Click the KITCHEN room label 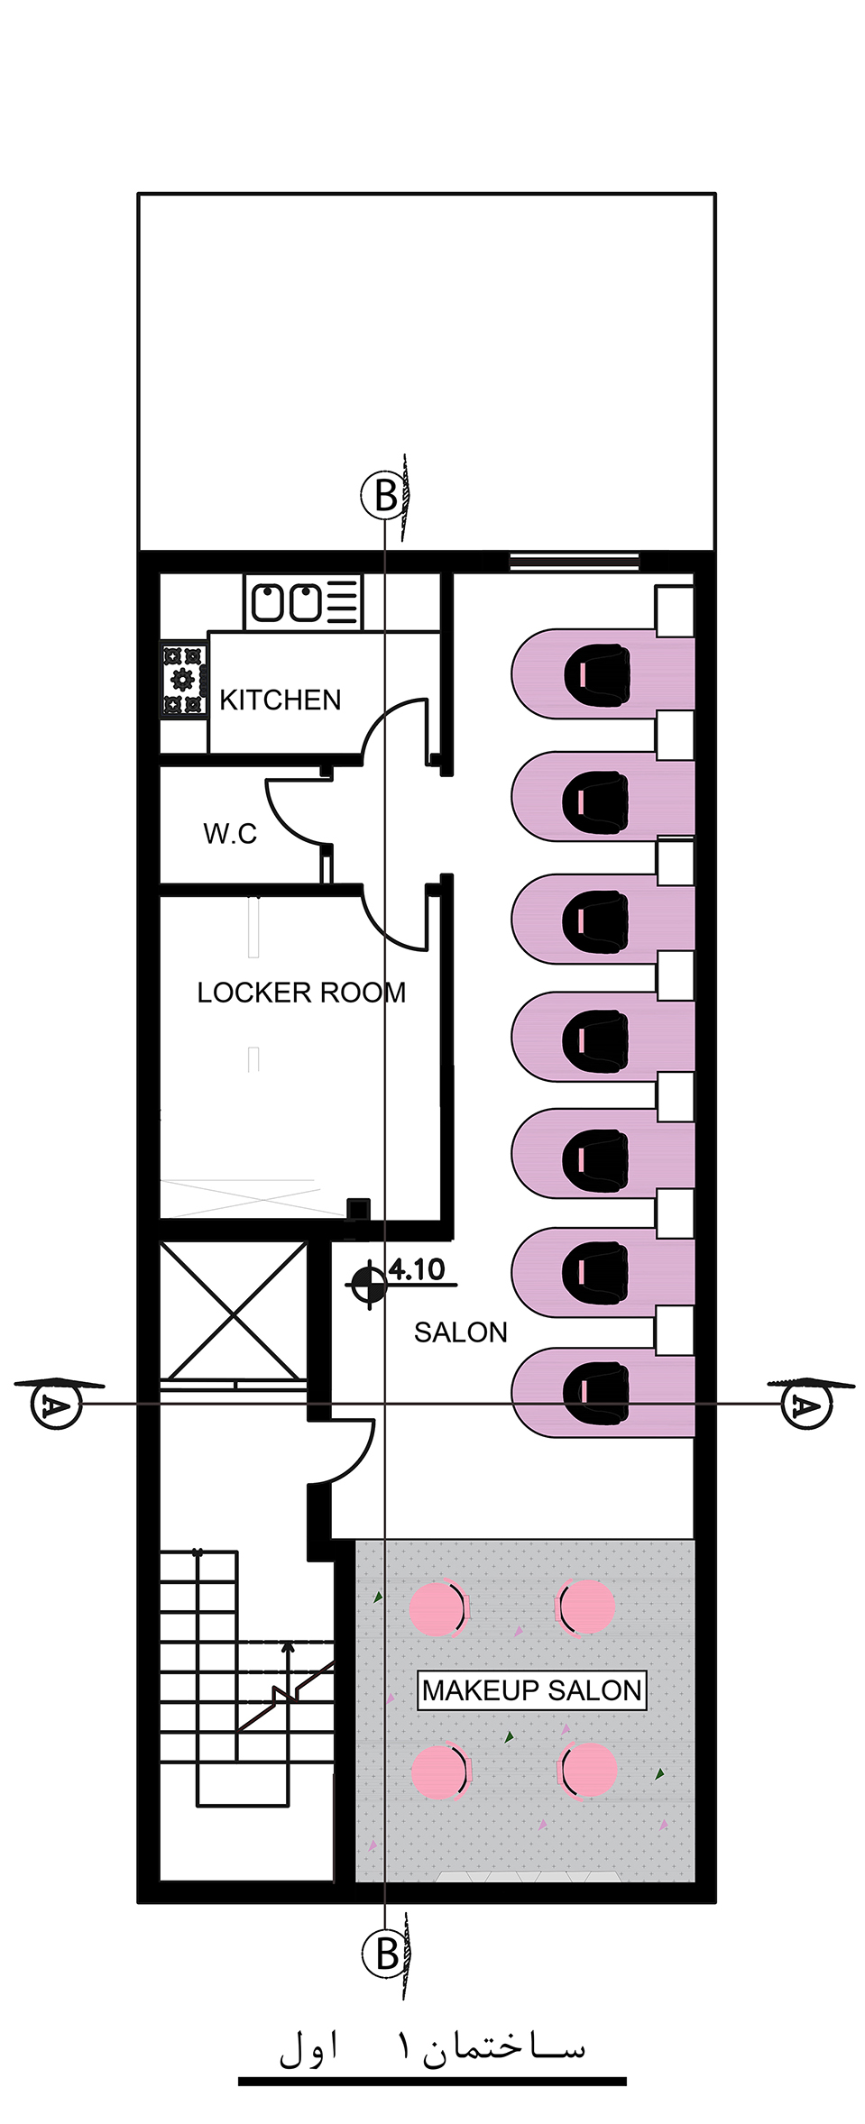[x=280, y=700]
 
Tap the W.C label [x=230, y=833]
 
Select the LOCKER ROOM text [x=301, y=993]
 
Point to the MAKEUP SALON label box [x=532, y=1690]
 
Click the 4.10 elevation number [x=417, y=1269]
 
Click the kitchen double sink [x=287, y=602]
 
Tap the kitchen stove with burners [x=184, y=679]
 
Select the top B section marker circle [x=385, y=495]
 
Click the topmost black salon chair [x=596, y=672]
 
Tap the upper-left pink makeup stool [x=437, y=1607]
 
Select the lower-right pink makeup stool [x=587, y=1770]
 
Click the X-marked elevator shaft [x=234, y=1311]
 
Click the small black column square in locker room [x=359, y=1209]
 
